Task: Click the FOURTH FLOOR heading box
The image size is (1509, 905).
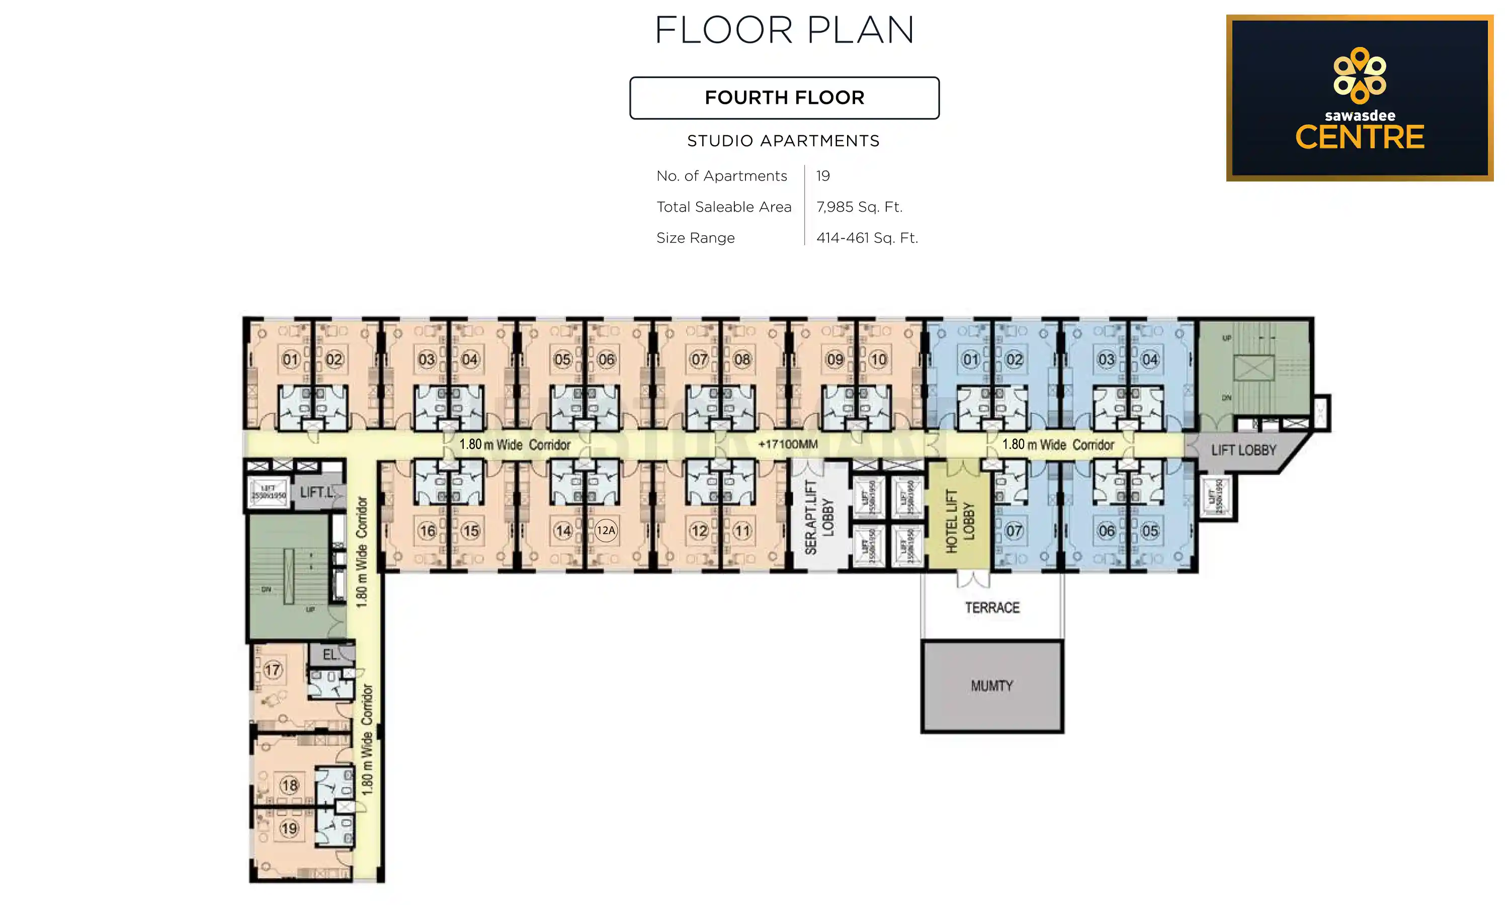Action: (x=784, y=98)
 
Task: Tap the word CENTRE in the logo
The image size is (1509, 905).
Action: (x=1359, y=137)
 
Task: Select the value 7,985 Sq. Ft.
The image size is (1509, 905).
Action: (x=859, y=207)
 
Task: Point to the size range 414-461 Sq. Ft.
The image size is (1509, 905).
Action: (x=867, y=238)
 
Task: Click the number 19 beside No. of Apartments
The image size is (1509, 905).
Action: (x=823, y=175)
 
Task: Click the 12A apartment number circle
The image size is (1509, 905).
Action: (x=606, y=530)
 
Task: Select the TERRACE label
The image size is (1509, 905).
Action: (x=992, y=607)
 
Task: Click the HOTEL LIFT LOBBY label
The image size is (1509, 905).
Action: (x=960, y=521)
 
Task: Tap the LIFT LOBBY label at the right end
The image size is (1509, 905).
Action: (x=1243, y=450)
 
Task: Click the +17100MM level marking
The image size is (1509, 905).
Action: (x=787, y=444)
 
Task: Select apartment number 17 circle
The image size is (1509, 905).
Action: (x=273, y=670)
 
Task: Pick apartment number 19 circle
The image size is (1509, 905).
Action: (x=289, y=828)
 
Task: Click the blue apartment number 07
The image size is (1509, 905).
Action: (x=1014, y=530)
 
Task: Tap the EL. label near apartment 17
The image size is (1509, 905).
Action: (x=330, y=654)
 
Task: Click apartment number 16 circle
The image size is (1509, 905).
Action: (x=428, y=530)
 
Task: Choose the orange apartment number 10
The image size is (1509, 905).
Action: (x=878, y=359)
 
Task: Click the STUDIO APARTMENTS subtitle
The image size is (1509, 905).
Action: (x=783, y=141)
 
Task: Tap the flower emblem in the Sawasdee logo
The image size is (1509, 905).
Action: (x=1359, y=75)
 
